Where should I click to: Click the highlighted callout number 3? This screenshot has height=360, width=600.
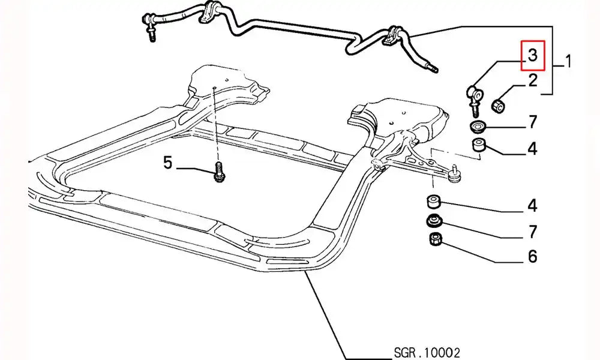point(532,56)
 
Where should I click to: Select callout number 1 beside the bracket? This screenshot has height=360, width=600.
point(567,61)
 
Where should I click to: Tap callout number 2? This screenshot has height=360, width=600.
point(532,81)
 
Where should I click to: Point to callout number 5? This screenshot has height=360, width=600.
point(167,162)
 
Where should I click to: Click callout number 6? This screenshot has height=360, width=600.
point(532,256)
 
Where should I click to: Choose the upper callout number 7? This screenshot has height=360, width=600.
point(532,123)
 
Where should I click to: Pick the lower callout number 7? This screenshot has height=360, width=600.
point(532,231)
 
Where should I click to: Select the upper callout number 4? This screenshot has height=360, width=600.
point(532,148)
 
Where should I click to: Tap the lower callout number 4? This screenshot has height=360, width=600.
point(532,206)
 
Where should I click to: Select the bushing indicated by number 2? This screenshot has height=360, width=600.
point(498,106)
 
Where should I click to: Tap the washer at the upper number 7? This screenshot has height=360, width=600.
point(478,127)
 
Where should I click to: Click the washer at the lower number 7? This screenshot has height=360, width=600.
point(434,221)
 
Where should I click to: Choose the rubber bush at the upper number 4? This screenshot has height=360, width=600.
point(478,145)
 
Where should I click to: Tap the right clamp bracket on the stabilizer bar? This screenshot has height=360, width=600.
point(394,37)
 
